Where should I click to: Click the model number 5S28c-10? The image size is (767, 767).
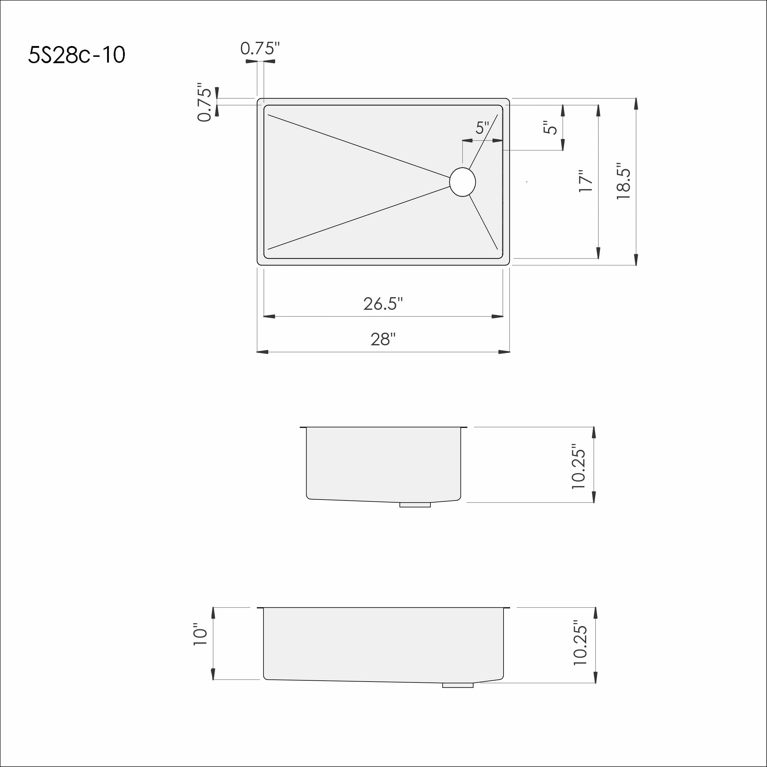tap(77, 55)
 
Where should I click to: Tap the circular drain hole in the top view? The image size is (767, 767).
tap(463, 182)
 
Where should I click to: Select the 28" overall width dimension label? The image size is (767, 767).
tap(383, 339)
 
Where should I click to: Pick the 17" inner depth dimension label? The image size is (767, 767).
tap(586, 181)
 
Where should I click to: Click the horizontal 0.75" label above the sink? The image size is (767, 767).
tap(260, 48)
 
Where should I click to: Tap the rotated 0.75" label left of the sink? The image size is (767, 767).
tap(205, 103)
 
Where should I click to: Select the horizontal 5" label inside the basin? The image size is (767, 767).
tap(482, 128)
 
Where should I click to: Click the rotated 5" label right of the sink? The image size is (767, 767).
tap(550, 128)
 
